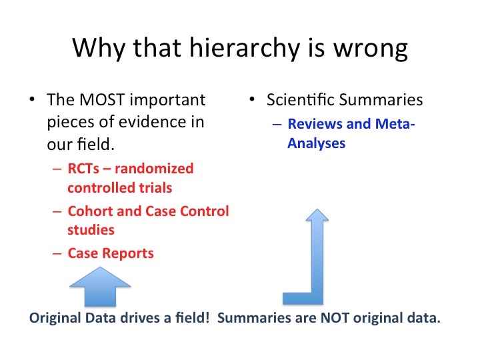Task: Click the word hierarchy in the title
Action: coord(245,49)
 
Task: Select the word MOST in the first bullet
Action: coord(102,100)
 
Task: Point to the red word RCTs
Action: coord(83,169)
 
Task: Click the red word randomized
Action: coord(154,169)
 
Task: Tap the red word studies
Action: coord(91,230)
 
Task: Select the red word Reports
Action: coord(128,253)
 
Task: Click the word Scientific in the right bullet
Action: coord(301,99)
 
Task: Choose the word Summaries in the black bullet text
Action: coord(381,100)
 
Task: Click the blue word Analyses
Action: coord(316,143)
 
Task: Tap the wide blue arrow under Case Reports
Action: coord(100,287)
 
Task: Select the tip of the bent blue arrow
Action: coord(317,209)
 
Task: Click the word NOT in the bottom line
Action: coord(335,318)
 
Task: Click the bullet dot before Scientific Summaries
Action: coord(252,99)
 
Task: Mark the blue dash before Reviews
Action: coord(277,124)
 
